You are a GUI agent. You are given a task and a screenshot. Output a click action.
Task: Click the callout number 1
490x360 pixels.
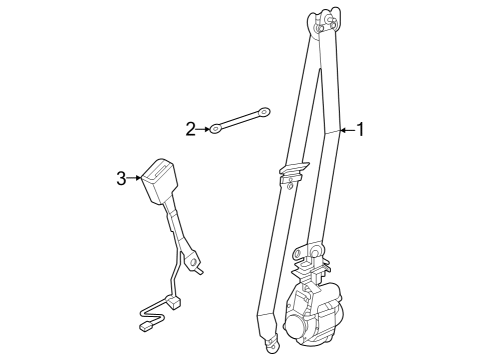click(362, 128)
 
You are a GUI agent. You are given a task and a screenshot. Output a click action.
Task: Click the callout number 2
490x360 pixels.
click(190, 128)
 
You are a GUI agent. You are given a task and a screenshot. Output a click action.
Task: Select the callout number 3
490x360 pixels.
click(121, 178)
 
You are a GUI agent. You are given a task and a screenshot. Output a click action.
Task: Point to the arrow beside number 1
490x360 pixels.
click(346, 129)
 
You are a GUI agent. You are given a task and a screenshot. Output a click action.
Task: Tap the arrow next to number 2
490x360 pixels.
click(203, 128)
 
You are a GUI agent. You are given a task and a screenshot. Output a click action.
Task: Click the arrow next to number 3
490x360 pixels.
click(135, 179)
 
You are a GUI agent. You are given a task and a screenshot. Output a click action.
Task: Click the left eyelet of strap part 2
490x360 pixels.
click(215, 128)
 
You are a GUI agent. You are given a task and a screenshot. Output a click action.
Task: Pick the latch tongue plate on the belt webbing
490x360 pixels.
click(292, 171)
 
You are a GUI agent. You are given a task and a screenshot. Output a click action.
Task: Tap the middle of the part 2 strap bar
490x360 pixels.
click(241, 121)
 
